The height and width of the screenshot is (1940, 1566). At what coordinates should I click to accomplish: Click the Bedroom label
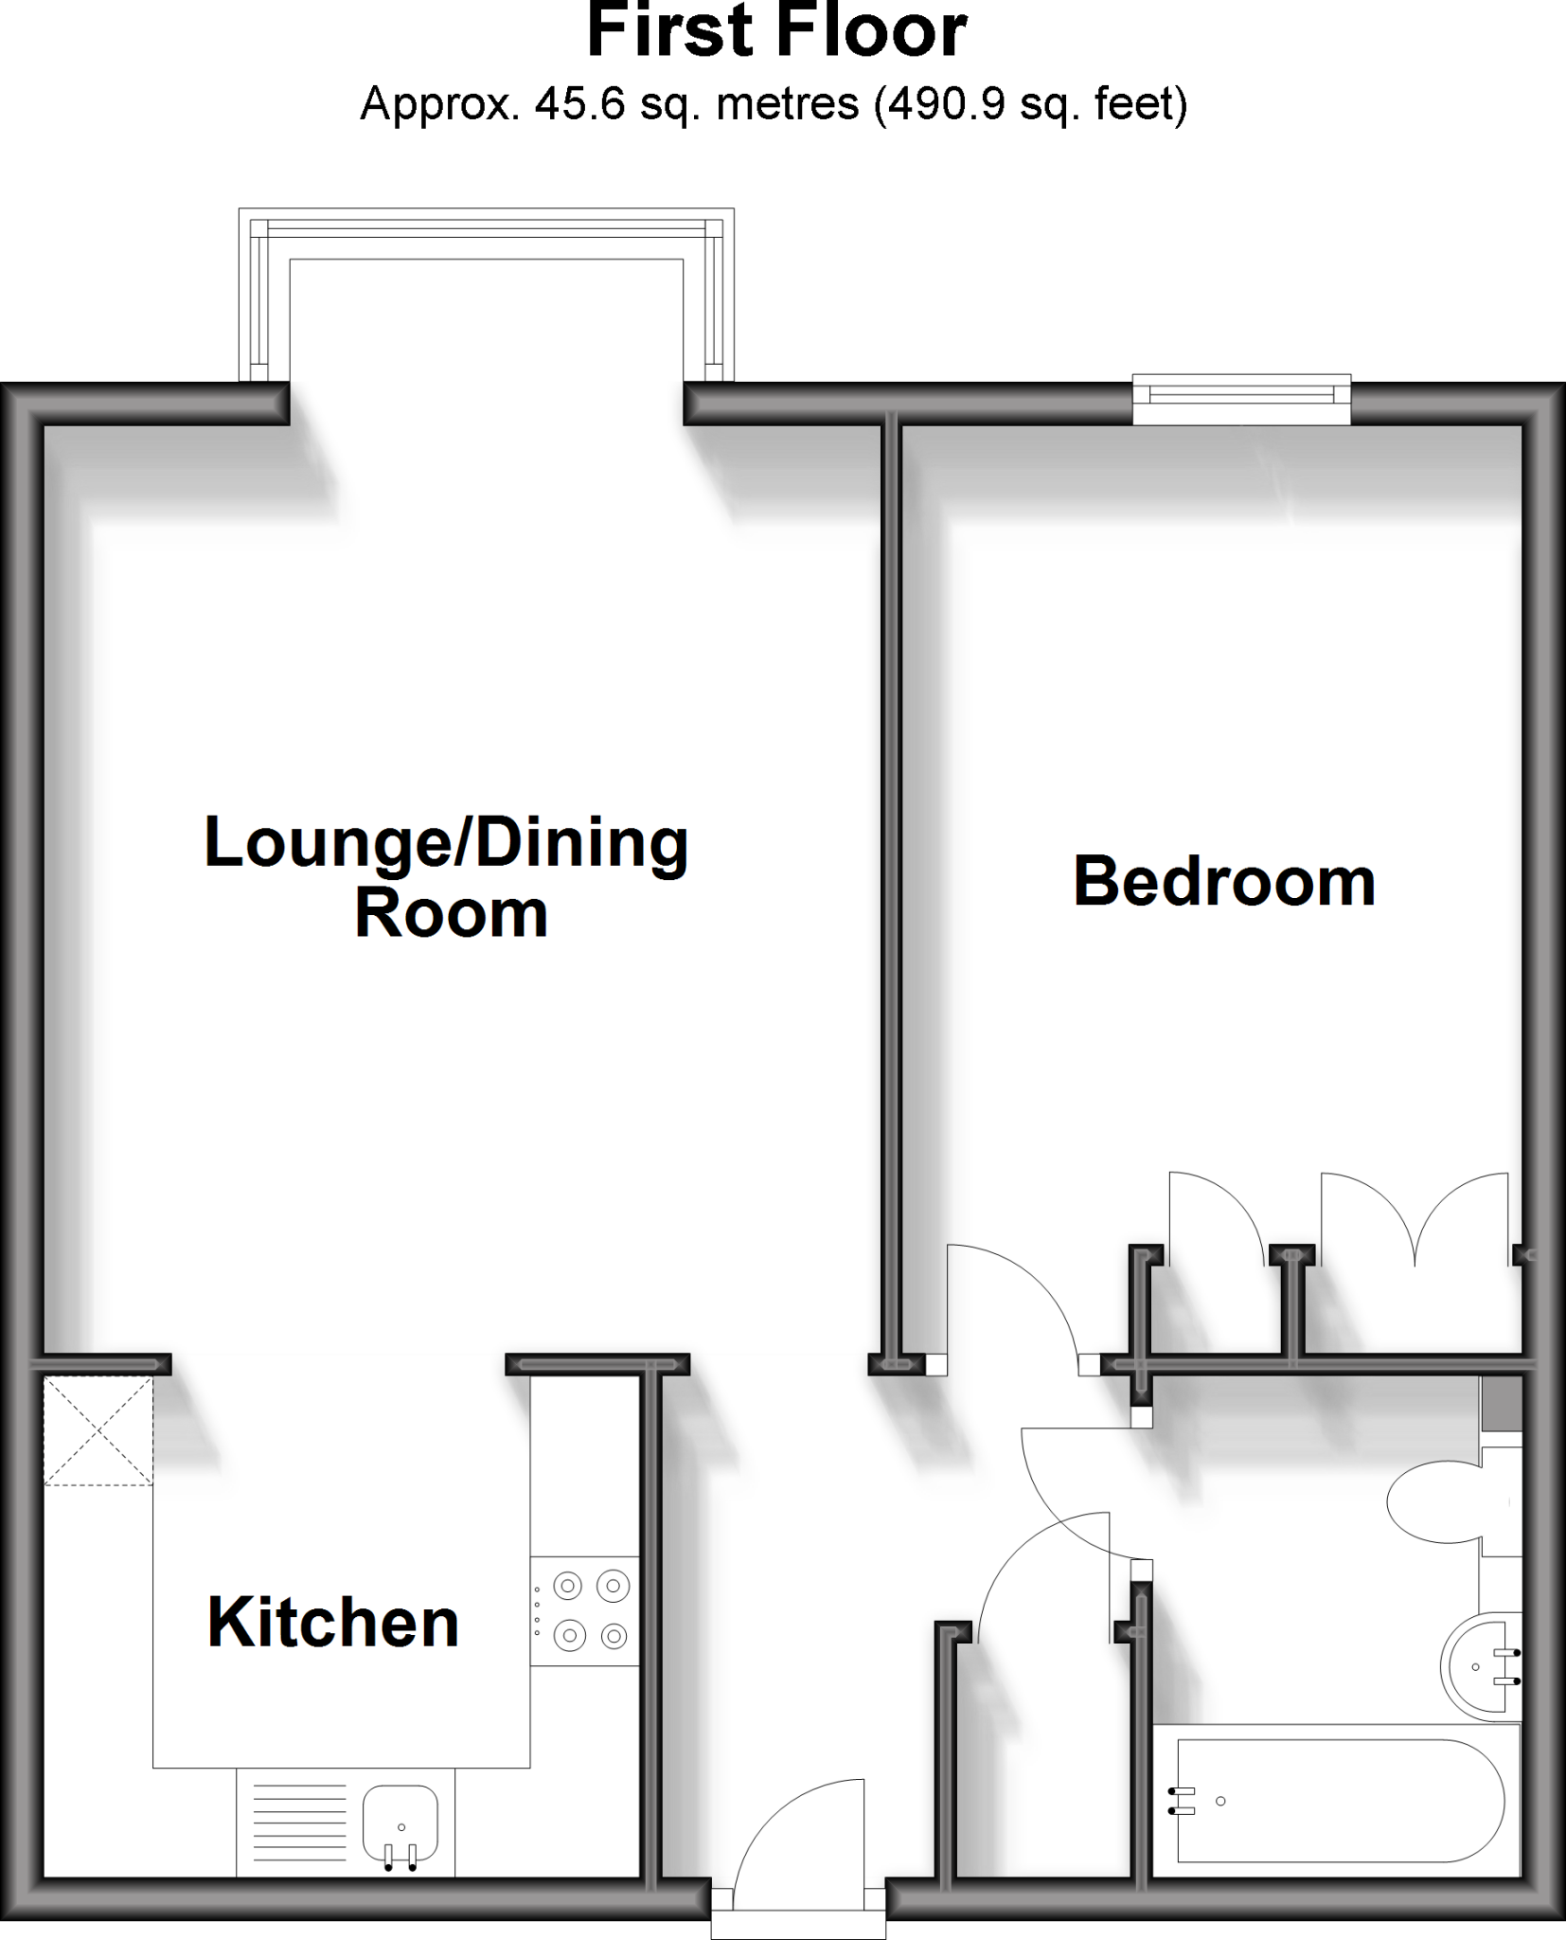coord(1223,882)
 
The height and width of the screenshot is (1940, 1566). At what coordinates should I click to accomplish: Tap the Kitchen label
coord(333,1623)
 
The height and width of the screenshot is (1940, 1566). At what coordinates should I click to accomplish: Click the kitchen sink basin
coord(400,1823)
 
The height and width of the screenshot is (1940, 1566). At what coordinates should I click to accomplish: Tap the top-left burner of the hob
coord(568,1584)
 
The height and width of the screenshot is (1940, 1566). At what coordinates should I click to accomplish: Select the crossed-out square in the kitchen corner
coord(98,1431)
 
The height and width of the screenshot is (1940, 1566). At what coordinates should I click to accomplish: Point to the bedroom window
coord(1241,400)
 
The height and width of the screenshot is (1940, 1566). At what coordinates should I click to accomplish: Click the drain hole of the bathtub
coord(1220,1801)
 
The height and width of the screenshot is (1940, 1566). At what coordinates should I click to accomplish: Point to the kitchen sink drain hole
coord(401,1827)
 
